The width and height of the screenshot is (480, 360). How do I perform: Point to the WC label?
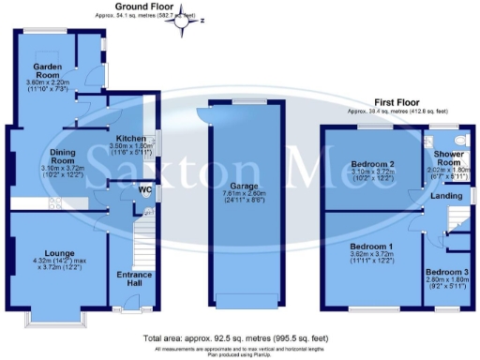coord(144,190)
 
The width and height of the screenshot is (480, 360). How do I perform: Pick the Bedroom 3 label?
coord(445,272)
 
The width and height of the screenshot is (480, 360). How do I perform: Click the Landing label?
coord(445,196)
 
